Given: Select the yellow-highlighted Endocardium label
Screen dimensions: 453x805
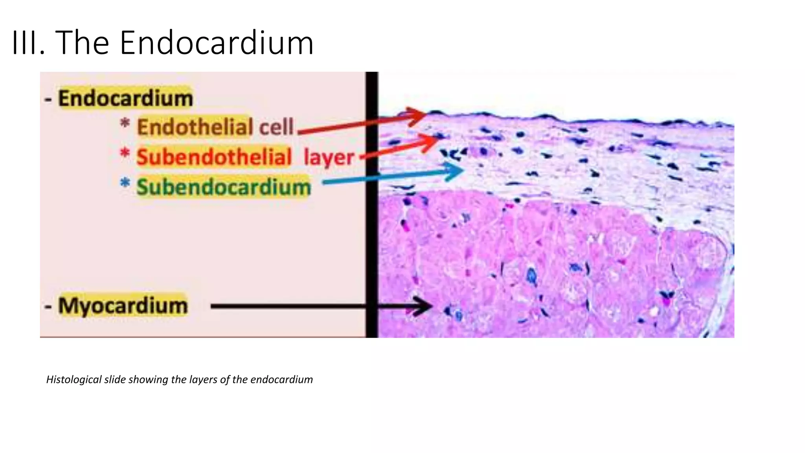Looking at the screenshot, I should point(125,98).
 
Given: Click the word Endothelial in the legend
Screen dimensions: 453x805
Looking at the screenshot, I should point(195,127).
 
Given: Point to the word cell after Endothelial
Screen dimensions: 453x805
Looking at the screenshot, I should point(276,127).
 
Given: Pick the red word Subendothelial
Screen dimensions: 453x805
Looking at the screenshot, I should point(214,157).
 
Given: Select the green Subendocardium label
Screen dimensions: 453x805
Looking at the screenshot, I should point(223,187).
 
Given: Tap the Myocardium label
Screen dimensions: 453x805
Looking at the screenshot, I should point(123,306).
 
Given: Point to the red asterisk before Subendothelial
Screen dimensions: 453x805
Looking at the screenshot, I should point(125,153).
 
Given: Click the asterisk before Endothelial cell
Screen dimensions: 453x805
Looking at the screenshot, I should point(125,123).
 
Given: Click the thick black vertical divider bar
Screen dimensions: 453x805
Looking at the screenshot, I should point(371,204).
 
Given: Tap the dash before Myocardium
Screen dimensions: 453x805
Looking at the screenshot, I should point(48,306).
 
